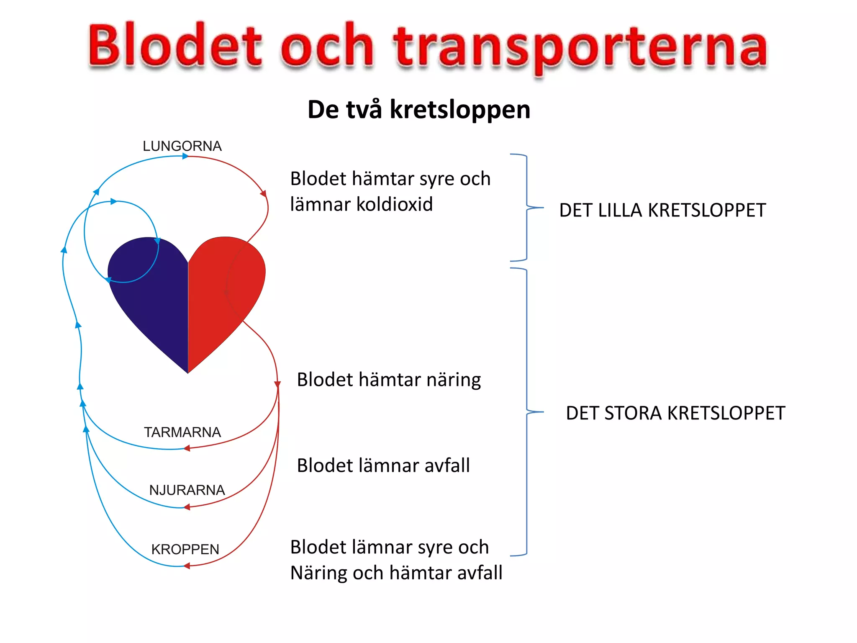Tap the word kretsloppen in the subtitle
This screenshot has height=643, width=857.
click(x=460, y=110)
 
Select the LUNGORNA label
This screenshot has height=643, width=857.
click(x=182, y=146)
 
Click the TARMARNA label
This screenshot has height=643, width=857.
click(x=182, y=432)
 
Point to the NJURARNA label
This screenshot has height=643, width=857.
click(x=187, y=490)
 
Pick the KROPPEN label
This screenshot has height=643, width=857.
click(x=185, y=549)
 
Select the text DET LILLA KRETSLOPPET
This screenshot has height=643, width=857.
click(x=662, y=210)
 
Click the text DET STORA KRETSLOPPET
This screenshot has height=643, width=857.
click(x=675, y=413)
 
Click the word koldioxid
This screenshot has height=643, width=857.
click(x=394, y=205)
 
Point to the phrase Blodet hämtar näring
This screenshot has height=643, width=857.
click(x=388, y=380)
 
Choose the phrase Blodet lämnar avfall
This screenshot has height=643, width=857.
click(x=383, y=466)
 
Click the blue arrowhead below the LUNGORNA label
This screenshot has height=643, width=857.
click(x=185, y=156)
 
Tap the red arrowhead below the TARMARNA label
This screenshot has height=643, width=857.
click(x=187, y=448)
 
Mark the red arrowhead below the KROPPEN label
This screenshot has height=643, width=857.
click(x=187, y=566)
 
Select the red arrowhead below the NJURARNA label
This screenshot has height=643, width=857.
click(x=187, y=507)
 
